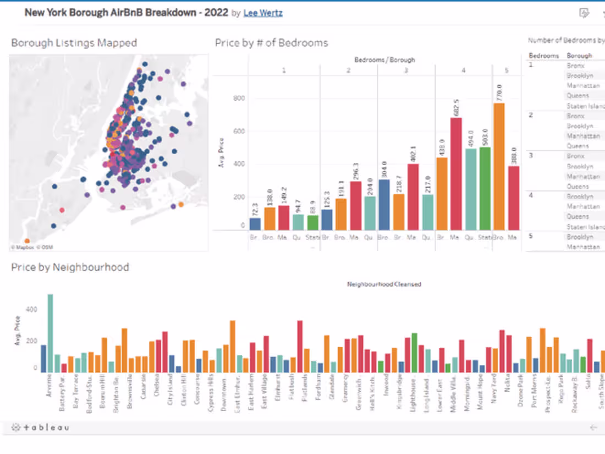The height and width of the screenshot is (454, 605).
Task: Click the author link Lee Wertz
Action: [263, 13]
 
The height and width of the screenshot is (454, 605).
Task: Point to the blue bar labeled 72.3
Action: [255, 224]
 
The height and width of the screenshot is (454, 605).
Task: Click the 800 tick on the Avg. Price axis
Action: [238, 99]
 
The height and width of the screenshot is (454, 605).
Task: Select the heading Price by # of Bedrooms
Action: [271, 43]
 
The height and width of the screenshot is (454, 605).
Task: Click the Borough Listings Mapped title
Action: [74, 43]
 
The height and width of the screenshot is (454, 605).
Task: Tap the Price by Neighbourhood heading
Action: [70, 267]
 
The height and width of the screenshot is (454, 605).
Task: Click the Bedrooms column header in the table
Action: [543, 56]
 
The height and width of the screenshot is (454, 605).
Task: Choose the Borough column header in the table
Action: [579, 56]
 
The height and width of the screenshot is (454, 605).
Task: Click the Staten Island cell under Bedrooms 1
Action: [585, 106]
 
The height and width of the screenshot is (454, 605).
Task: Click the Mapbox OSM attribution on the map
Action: [31, 248]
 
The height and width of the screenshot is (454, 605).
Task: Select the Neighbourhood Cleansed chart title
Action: [384, 285]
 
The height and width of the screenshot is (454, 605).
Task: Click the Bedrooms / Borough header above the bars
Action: [384, 59]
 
